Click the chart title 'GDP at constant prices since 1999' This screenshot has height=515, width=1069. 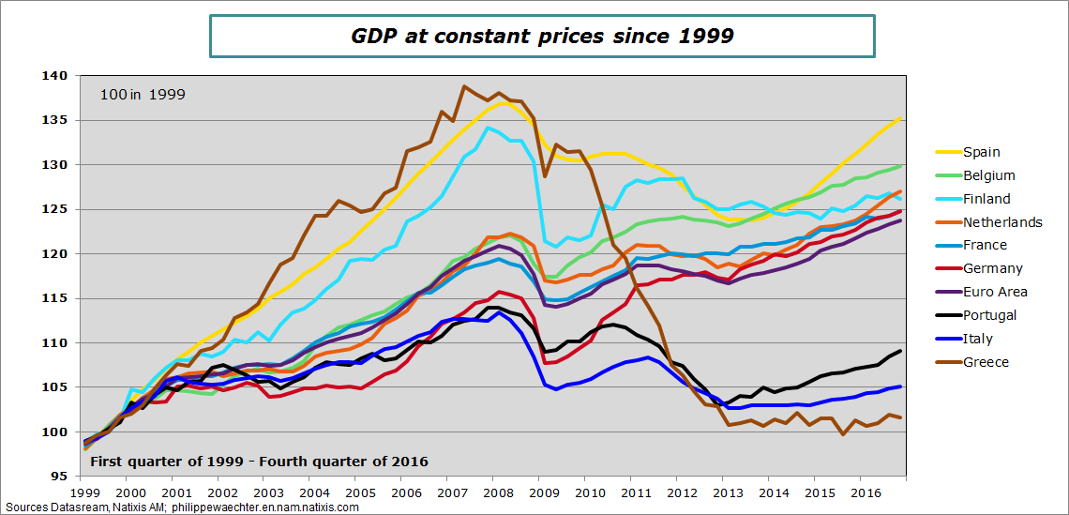tap(542, 36)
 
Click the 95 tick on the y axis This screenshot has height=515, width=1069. tap(59, 477)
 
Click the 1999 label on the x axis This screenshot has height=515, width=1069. tap(84, 492)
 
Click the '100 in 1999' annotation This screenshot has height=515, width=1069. tap(143, 94)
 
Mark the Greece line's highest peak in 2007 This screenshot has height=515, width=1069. tap(464, 86)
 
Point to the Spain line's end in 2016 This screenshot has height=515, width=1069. tap(901, 118)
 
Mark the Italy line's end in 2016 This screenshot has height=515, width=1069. tap(901, 386)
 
